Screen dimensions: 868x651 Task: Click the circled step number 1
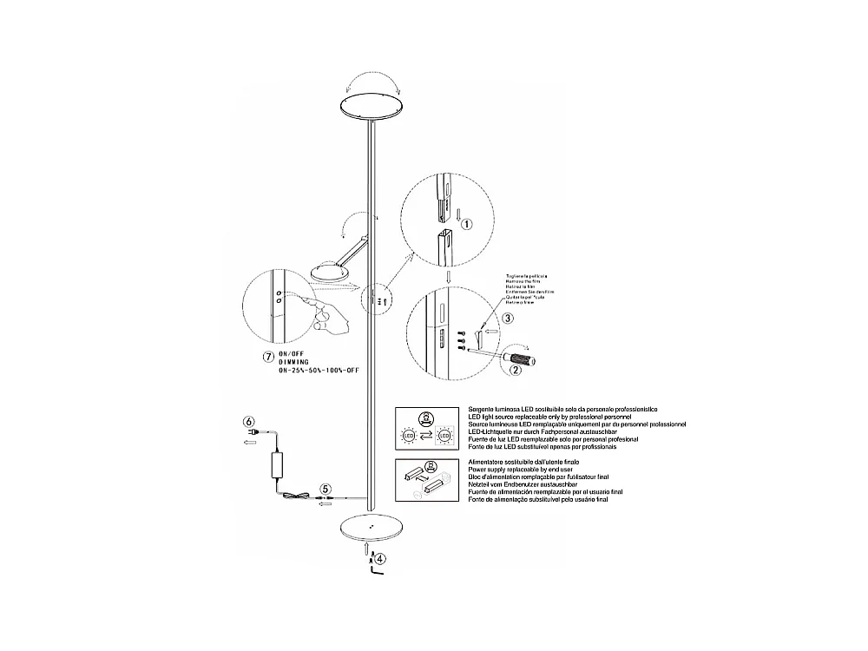(x=466, y=224)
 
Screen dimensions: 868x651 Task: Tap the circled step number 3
(x=507, y=319)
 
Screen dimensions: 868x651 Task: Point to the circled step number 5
(x=325, y=490)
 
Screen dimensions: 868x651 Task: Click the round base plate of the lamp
(x=372, y=529)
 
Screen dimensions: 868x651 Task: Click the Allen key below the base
(x=375, y=569)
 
